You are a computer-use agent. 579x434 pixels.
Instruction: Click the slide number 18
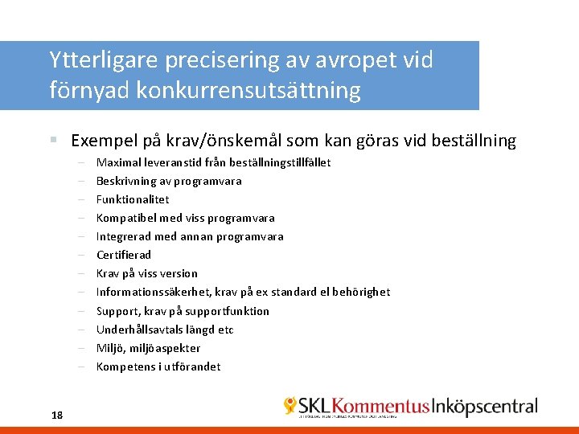click(56, 415)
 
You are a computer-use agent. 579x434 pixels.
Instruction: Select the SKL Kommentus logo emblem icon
click(290, 406)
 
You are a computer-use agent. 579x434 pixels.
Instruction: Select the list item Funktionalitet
click(133, 199)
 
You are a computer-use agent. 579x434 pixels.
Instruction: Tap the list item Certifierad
click(124, 255)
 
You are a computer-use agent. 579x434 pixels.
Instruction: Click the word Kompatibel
click(124, 218)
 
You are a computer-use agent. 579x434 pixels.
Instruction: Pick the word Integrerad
click(123, 236)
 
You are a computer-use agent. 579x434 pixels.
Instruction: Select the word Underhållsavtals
click(140, 330)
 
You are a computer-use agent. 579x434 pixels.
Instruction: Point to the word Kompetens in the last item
click(124, 366)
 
